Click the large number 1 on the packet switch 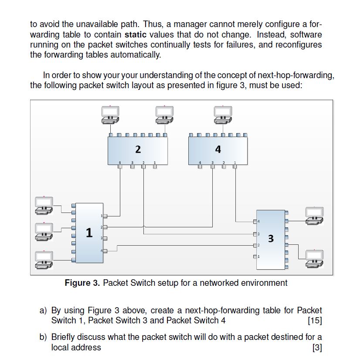89,233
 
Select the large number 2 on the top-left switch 138,150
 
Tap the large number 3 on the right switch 271,238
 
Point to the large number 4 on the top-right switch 218,150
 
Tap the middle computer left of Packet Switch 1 44,232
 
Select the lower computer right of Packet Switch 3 314,258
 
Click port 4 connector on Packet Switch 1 105,250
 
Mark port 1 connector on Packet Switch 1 105,216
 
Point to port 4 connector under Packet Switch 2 120,168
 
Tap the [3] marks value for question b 317,347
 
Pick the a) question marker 43,311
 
